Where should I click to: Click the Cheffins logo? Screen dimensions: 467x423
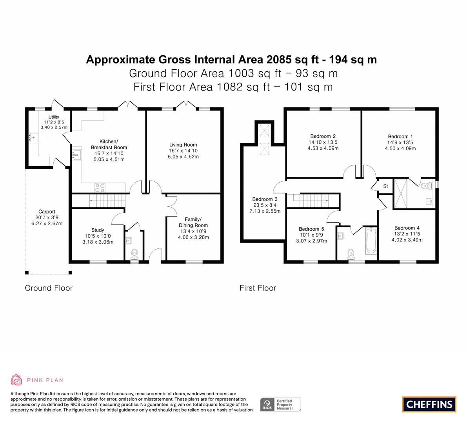click(x=429, y=404)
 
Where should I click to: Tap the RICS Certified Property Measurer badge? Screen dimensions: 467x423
click(x=281, y=405)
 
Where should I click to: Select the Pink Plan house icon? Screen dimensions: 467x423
click(x=16, y=380)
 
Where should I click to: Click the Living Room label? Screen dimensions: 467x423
click(x=183, y=145)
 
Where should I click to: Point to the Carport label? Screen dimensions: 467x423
click(x=47, y=211)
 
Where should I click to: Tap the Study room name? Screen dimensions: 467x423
click(x=98, y=230)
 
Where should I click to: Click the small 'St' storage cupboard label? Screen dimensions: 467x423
click(x=386, y=186)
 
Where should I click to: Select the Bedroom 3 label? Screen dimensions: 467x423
click(x=265, y=199)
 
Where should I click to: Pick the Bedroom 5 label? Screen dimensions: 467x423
click(x=311, y=229)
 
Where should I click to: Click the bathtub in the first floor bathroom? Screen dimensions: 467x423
click(x=371, y=240)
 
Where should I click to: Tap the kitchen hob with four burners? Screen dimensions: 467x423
click(x=100, y=187)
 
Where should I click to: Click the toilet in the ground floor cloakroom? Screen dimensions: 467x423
click(x=134, y=255)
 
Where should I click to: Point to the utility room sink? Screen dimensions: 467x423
click(x=33, y=137)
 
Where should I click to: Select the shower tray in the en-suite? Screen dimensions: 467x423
click(x=401, y=193)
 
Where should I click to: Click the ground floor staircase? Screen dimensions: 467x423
click(x=107, y=201)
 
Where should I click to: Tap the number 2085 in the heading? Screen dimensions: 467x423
click(x=279, y=60)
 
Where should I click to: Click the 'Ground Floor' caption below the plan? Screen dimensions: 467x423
click(x=49, y=288)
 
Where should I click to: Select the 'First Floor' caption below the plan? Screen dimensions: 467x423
click(x=258, y=288)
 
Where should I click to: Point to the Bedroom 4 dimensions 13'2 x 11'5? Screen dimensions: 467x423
click(x=407, y=234)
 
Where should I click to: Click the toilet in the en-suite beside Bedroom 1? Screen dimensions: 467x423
click(x=427, y=186)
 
